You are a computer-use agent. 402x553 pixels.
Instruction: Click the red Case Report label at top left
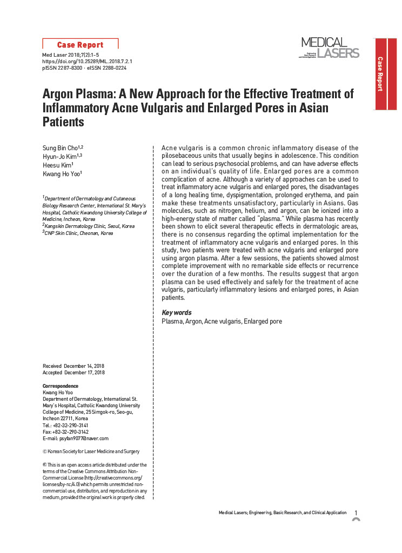click(x=80, y=45)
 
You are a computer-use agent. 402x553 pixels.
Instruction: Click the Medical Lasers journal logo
click(x=330, y=48)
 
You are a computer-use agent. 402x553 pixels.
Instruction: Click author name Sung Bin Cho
click(x=61, y=148)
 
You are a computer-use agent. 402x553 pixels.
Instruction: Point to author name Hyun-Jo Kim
click(x=61, y=157)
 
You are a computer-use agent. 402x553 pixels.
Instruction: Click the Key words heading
click(x=177, y=313)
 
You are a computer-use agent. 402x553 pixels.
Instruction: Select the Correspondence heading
click(x=61, y=386)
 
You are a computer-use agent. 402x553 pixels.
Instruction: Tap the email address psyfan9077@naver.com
click(x=81, y=439)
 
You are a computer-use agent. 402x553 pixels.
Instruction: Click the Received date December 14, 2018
click(x=84, y=366)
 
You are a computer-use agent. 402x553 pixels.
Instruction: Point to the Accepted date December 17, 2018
click(x=84, y=373)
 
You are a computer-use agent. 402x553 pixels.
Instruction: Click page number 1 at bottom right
click(x=356, y=512)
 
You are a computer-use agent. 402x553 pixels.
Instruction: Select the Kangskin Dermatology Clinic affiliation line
click(x=89, y=226)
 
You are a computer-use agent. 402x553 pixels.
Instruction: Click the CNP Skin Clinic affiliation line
click(x=78, y=233)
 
